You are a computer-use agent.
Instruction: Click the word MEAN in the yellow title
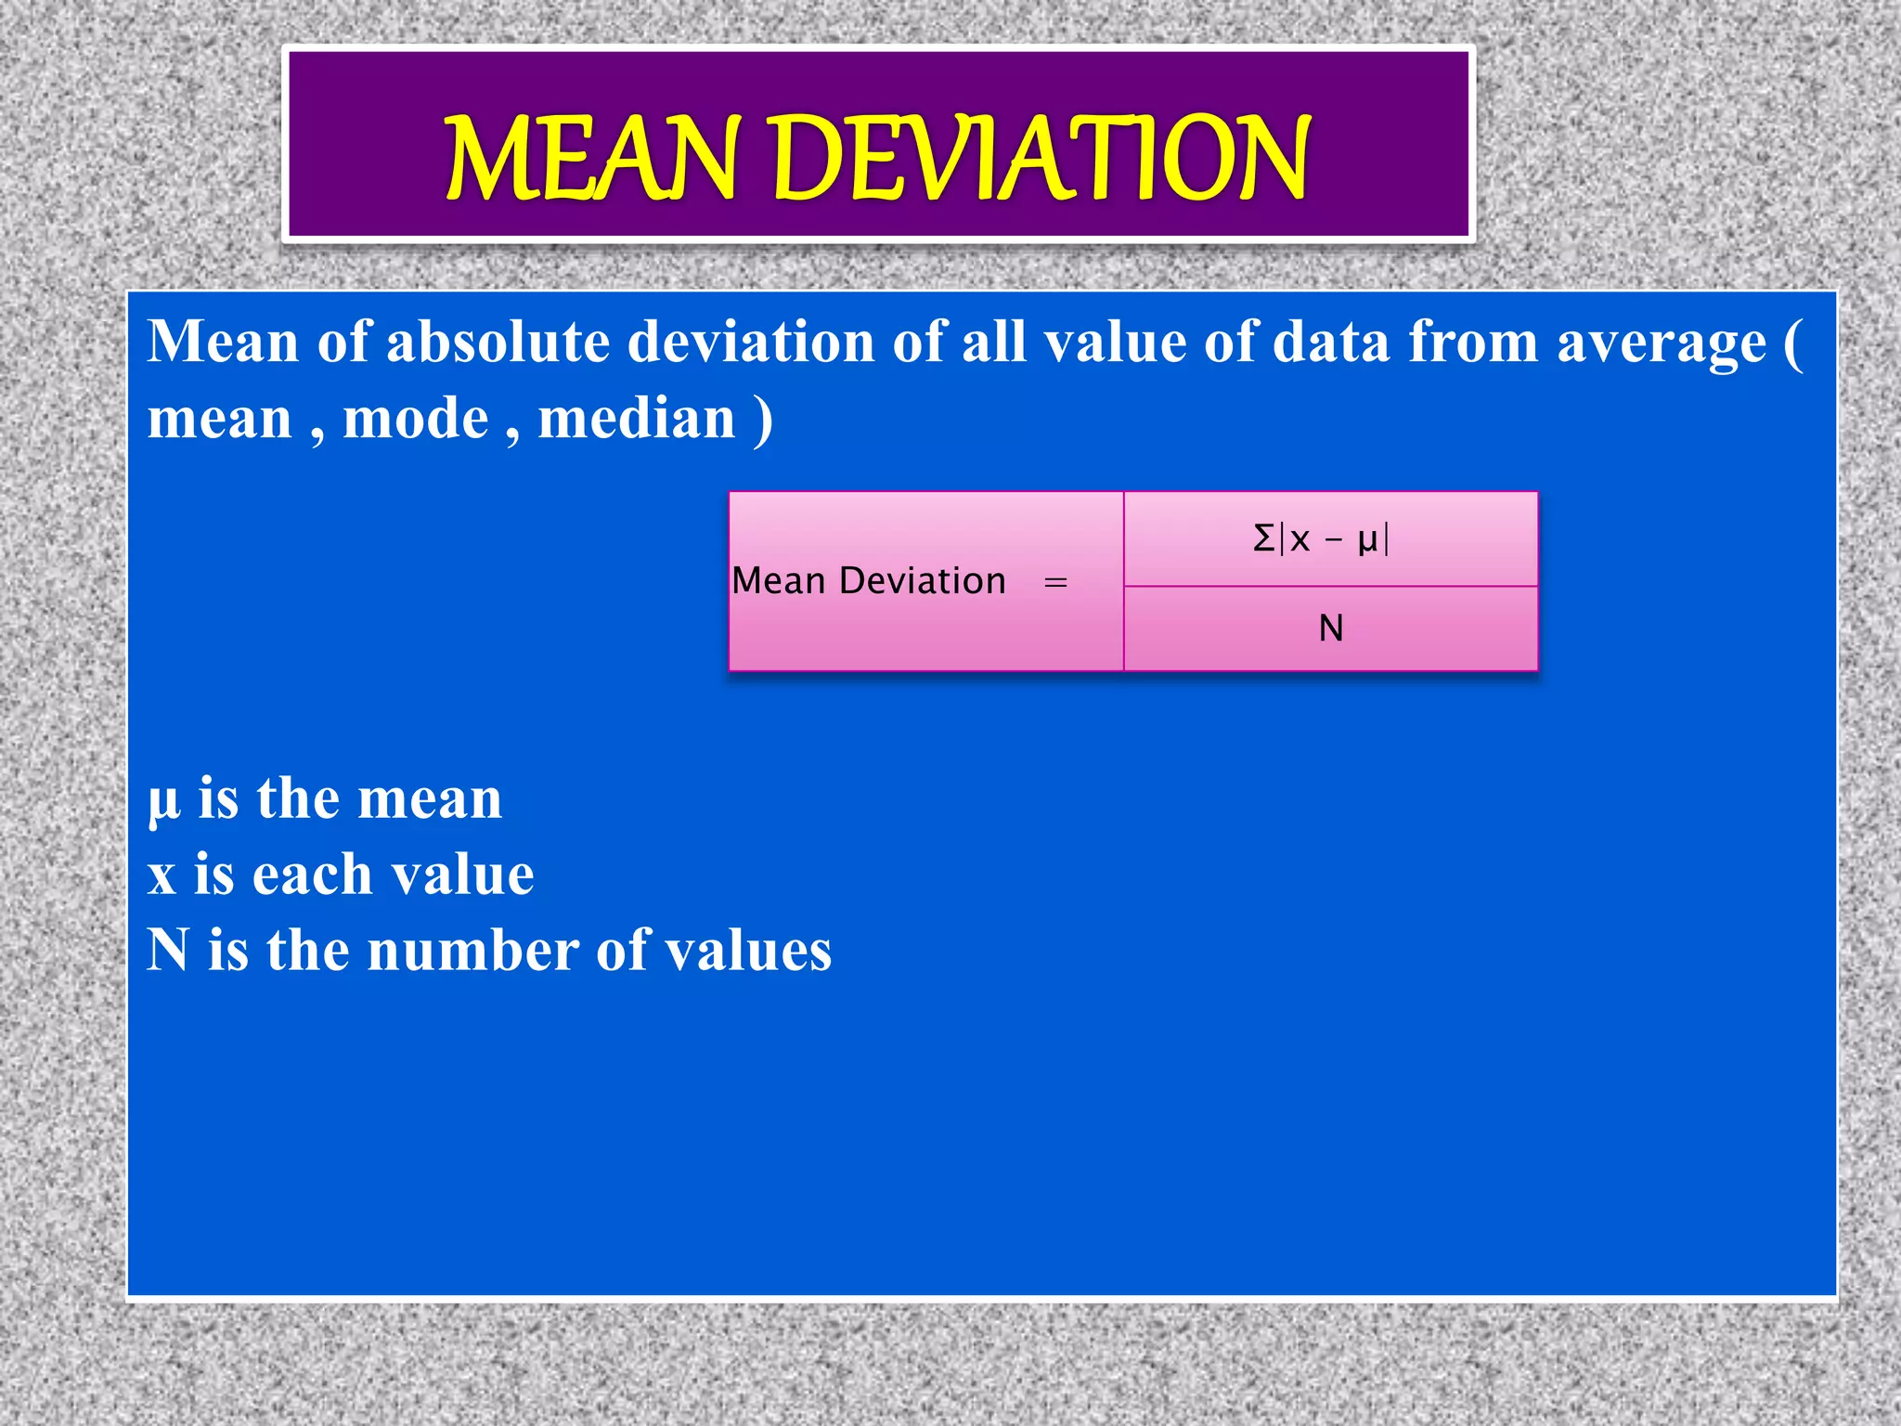tap(590, 158)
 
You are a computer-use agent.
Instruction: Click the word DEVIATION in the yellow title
tap(1040, 158)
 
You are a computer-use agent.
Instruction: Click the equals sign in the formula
tap(1055, 583)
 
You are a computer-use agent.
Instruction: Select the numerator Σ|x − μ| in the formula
tap(1321, 538)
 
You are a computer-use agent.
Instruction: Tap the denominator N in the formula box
tap(1331, 629)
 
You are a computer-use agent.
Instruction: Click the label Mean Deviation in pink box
tap(869, 581)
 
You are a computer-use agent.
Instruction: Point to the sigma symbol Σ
tap(1263, 538)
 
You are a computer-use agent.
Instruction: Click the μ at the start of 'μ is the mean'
tap(163, 800)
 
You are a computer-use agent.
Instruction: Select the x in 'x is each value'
tap(162, 876)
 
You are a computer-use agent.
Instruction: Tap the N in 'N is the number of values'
tap(168, 951)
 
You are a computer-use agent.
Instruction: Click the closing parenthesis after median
tap(763, 420)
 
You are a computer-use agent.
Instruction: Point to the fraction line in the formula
tap(1330, 586)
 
